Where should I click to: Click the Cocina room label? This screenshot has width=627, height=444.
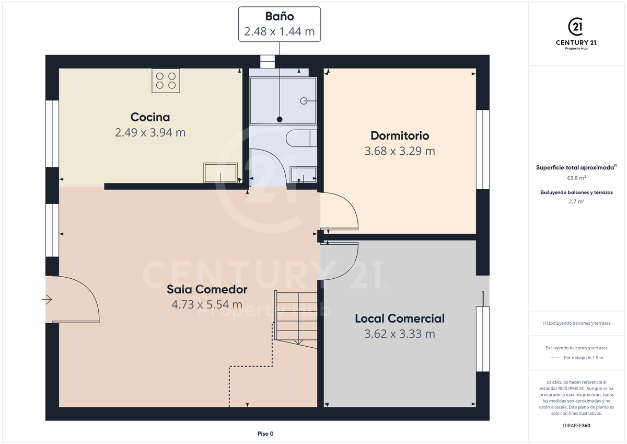pyautogui.click(x=150, y=117)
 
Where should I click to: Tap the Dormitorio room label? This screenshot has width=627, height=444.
pyautogui.click(x=400, y=135)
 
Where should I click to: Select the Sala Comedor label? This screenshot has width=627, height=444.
pyautogui.click(x=207, y=289)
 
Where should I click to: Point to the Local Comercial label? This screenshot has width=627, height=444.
pyautogui.click(x=400, y=318)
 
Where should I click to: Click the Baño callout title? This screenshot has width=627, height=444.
pyautogui.click(x=280, y=16)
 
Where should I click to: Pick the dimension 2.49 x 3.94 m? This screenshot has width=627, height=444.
pyautogui.click(x=150, y=132)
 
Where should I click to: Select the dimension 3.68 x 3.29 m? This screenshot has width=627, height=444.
pyautogui.click(x=400, y=151)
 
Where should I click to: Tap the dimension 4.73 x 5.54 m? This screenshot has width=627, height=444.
pyautogui.click(x=207, y=304)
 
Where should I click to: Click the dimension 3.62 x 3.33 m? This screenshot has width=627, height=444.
pyautogui.click(x=400, y=334)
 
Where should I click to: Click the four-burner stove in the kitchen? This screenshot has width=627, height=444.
pyautogui.click(x=166, y=81)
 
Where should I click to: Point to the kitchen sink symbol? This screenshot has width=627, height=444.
pyautogui.click(x=220, y=173)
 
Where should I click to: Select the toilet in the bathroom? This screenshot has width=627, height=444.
pyautogui.click(x=301, y=138)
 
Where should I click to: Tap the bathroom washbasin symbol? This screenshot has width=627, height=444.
pyautogui.click(x=304, y=174)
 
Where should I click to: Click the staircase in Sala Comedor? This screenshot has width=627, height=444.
pyautogui.click(x=296, y=319)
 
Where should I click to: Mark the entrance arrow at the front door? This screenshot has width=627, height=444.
pyautogui.click(x=47, y=300)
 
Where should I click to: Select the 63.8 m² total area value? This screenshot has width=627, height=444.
pyautogui.click(x=576, y=178)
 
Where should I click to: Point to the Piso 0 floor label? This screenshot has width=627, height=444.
pyautogui.click(x=265, y=434)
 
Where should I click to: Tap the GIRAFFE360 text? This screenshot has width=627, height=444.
pyautogui.click(x=576, y=426)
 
